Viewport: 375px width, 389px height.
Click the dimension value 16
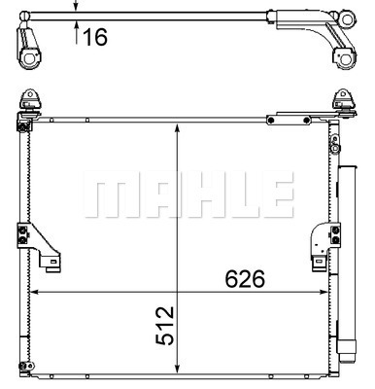tap(95, 37)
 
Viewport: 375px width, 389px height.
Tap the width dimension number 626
tap(245, 279)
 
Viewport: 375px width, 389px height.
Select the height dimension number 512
tap(165, 326)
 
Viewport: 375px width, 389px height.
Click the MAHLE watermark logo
tap(188, 194)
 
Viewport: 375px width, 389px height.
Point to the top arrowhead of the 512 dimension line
tap(177, 127)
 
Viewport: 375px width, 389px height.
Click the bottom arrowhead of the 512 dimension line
tap(177, 369)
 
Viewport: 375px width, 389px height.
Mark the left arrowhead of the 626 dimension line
tap(34, 292)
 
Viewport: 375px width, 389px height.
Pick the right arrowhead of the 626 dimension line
tap(324, 292)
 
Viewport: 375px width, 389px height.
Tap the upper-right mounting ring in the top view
tap(347, 19)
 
